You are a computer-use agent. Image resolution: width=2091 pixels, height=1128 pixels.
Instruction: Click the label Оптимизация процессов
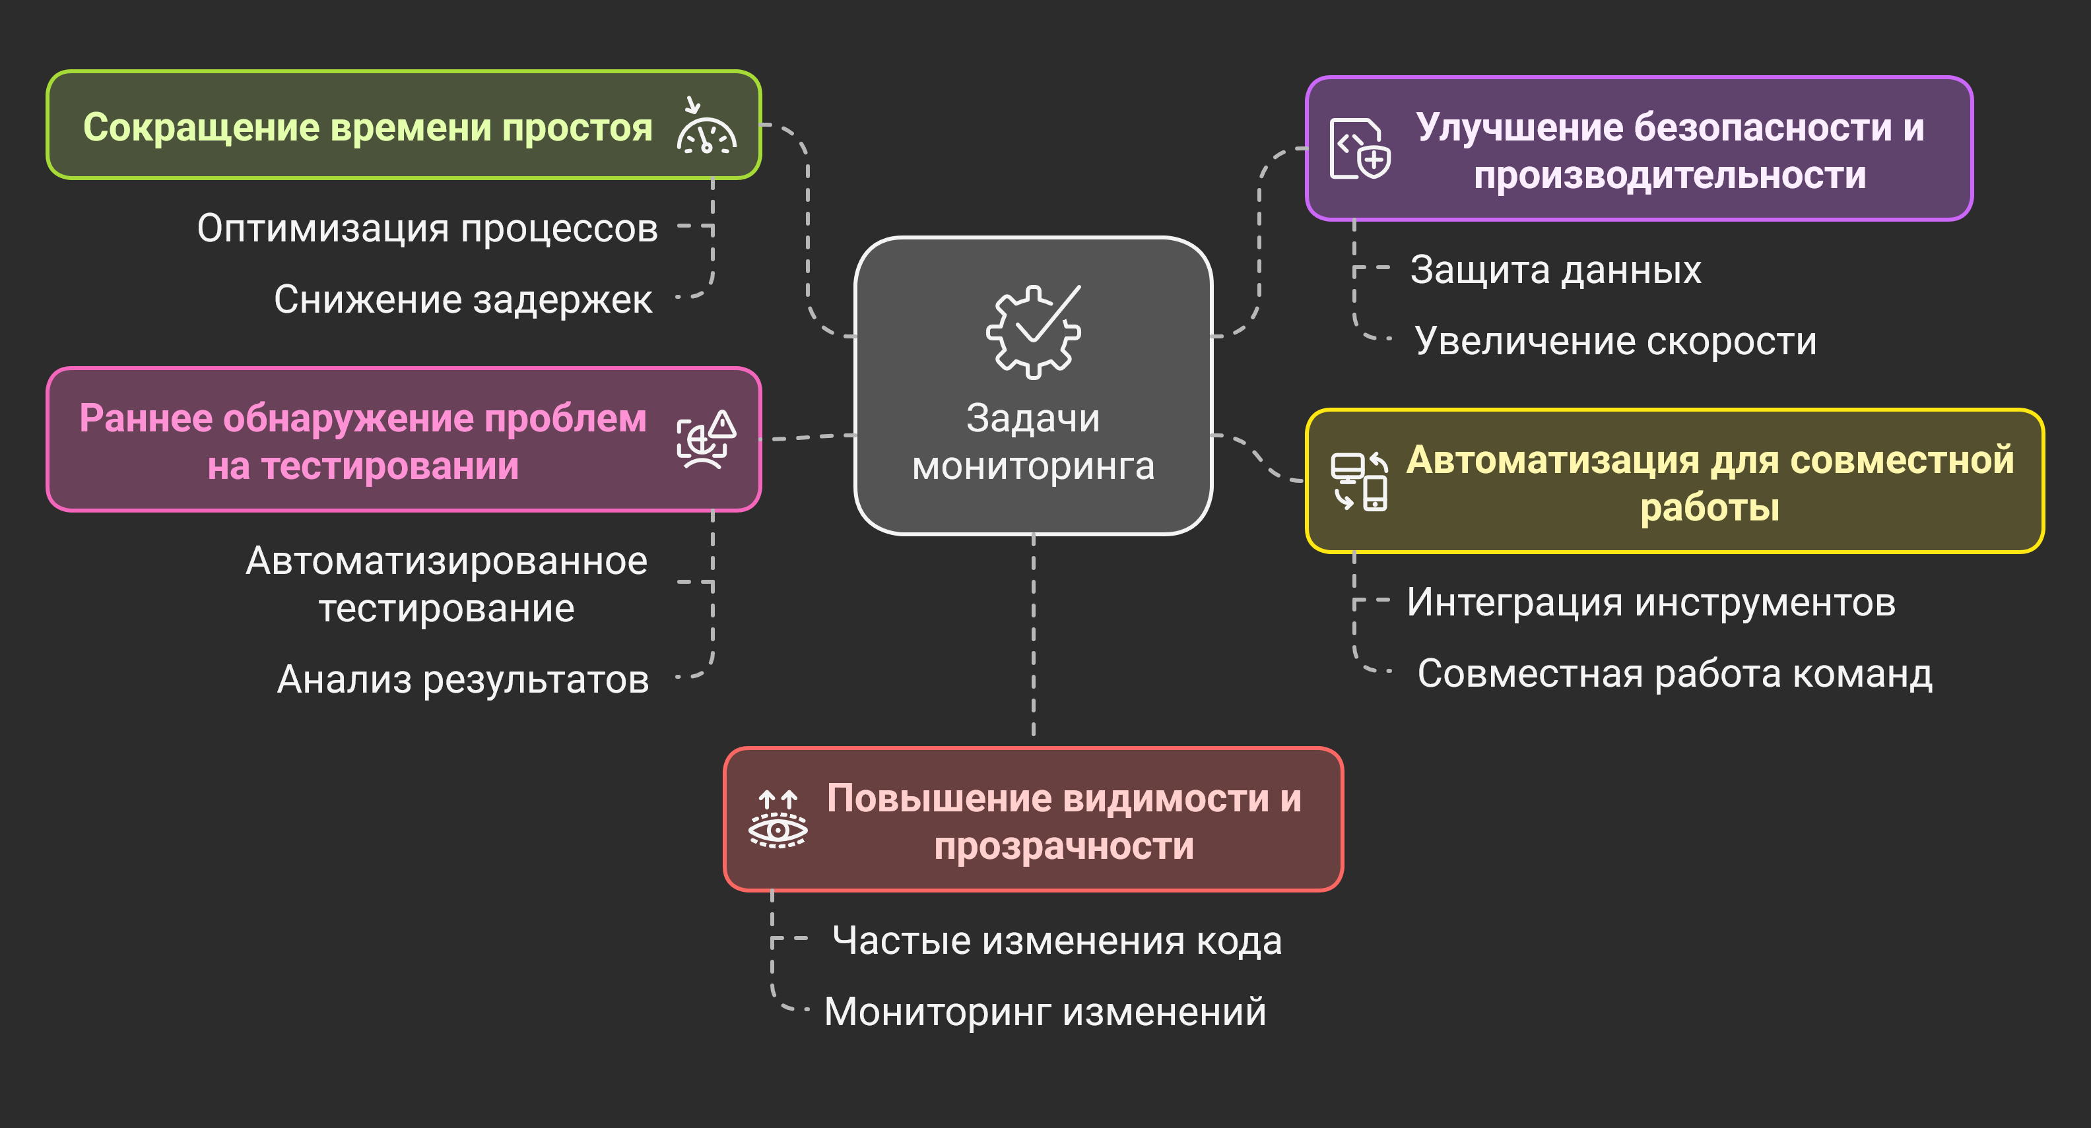(x=427, y=228)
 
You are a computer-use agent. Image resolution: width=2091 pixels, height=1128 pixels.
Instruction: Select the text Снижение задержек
(x=463, y=299)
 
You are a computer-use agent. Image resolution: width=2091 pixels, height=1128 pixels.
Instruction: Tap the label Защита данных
(x=1555, y=269)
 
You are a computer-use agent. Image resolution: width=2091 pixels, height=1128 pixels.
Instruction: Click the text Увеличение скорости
(x=1615, y=341)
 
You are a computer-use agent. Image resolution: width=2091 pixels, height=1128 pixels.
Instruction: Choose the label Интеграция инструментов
(x=1651, y=602)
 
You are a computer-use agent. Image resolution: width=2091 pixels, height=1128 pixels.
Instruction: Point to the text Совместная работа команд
(x=1675, y=674)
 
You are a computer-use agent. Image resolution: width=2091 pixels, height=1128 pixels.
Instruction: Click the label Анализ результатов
(x=463, y=679)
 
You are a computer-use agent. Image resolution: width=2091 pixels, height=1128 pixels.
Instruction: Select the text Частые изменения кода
(x=1057, y=941)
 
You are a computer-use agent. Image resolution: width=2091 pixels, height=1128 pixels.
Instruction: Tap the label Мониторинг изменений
(x=1045, y=1012)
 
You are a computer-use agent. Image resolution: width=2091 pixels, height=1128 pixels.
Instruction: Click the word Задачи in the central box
(x=1032, y=419)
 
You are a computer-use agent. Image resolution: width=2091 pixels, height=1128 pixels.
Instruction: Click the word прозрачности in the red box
(x=1063, y=846)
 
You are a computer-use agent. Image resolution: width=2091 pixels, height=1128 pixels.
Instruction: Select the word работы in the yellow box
(x=1709, y=508)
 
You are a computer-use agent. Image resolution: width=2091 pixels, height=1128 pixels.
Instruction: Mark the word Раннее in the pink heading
(x=146, y=419)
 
